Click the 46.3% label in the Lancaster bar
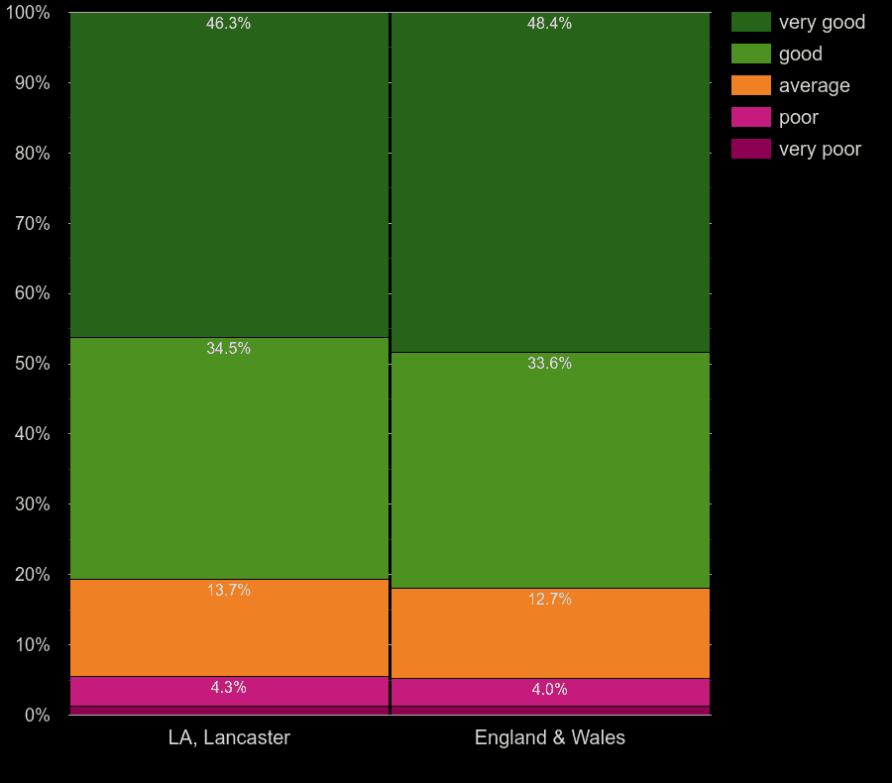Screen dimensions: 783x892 click(x=228, y=24)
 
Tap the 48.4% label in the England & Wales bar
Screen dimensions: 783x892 click(x=549, y=24)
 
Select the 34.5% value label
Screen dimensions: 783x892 click(x=228, y=349)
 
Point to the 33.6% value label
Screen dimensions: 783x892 click(x=549, y=364)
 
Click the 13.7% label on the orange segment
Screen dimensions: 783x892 click(x=228, y=591)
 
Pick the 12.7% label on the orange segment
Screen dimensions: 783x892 click(x=549, y=600)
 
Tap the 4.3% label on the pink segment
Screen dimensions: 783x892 click(x=228, y=688)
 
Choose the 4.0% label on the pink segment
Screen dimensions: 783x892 click(x=549, y=690)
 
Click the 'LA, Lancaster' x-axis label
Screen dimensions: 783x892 click(x=229, y=738)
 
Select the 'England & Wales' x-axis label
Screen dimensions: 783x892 click(x=550, y=738)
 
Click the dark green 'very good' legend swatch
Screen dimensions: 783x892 click(x=750, y=22)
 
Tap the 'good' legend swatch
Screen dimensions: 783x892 click(x=750, y=54)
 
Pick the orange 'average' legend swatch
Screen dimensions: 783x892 click(x=750, y=85)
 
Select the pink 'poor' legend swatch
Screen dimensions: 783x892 click(x=750, y=117)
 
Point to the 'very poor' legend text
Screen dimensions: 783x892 click(x=820, y=150)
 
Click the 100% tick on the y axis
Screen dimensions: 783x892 click(x=32, y=13)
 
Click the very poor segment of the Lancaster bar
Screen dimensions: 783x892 click(x=229, y=711)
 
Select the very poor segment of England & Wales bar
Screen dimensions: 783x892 click(x=550, y=711)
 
